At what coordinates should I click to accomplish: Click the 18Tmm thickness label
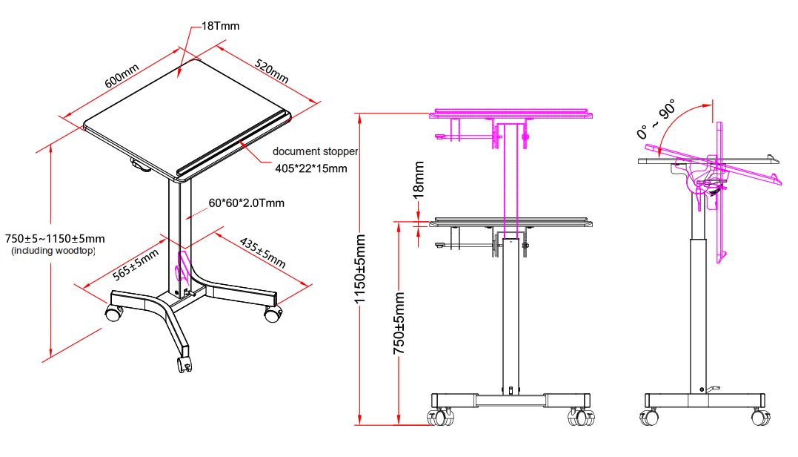point(221,26)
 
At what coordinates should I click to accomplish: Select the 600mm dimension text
point(122,76)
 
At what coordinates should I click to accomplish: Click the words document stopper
point(315,151)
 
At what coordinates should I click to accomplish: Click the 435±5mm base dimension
point(262,252)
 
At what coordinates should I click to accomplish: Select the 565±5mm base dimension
point(136,265)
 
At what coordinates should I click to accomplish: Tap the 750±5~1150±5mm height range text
point(55,239)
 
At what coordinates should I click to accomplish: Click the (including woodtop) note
point(53,251)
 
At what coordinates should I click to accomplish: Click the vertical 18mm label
point(418,179)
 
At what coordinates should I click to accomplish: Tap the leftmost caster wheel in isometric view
point(113,313)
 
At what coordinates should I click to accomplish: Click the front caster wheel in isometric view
point(184,364)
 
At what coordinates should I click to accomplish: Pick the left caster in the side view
point(651,417)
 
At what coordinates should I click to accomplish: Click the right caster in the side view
point(759,417)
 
